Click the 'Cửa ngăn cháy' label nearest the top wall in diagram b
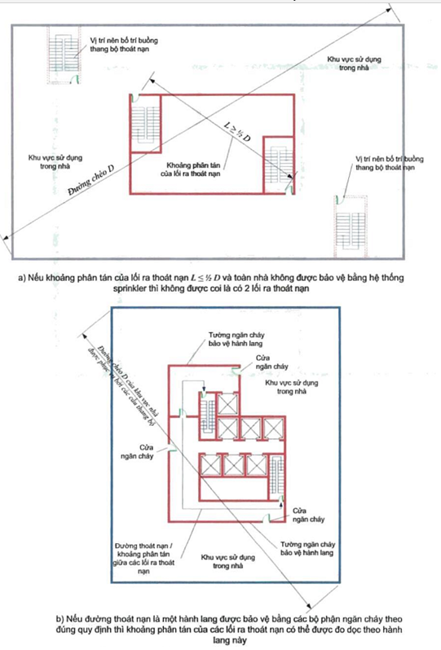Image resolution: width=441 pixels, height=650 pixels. click(264, 362)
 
